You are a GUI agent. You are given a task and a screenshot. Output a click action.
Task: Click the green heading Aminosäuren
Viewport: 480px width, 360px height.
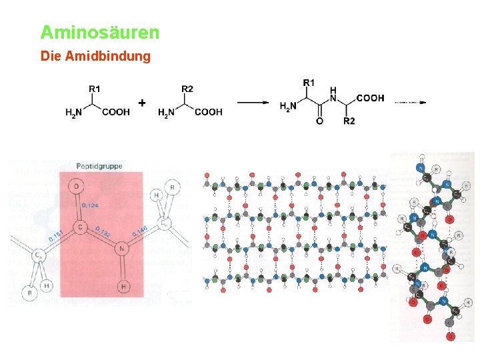[x=100, y=32]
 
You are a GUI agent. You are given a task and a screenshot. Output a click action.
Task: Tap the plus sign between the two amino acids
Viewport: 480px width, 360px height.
[x=142, y=103]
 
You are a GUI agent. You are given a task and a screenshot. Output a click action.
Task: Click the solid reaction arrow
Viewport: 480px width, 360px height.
[x=253, y=103]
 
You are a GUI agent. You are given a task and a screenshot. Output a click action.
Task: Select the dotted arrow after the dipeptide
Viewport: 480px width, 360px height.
[x=409, y=103]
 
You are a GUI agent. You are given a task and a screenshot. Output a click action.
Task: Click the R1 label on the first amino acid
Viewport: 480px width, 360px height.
[x=95, y=88]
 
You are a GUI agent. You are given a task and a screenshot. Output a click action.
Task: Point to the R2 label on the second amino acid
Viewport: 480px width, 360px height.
[x=187, y=88]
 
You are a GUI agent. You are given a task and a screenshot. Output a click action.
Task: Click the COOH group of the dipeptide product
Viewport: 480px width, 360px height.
[x=370, y=98]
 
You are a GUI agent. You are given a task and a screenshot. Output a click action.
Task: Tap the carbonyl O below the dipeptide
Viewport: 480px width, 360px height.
[x=319, y=121]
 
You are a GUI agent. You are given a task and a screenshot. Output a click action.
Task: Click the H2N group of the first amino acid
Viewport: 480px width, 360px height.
[x=73, y=113]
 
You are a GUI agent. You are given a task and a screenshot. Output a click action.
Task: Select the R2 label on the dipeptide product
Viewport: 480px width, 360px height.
[x=349, y=121]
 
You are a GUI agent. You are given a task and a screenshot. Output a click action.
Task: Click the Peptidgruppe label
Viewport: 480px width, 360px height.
[x=99, y=166]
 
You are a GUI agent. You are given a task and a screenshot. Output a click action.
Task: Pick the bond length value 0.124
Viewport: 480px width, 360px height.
[x=90, y=205]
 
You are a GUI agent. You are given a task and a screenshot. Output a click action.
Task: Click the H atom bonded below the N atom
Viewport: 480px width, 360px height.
[x=123, y=287]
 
